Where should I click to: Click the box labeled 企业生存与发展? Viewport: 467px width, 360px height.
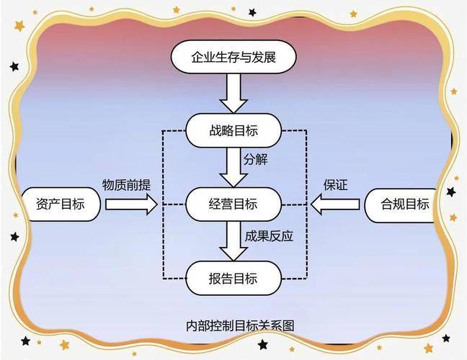click(x=233, y=57)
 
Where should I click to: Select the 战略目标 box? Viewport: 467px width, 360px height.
click(x=233, y=130)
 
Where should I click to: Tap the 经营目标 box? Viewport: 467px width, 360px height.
click(x=233, y=204)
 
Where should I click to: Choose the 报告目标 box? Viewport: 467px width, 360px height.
click(x=233, y=278)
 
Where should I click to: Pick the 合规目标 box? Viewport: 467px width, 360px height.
click(x=401, y=205)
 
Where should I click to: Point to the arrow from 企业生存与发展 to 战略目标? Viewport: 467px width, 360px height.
click(x=233, y=93)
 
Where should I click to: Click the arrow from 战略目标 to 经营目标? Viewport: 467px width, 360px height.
click(x=233, y=167)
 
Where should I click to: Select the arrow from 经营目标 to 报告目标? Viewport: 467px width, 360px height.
click(x=233, y=241)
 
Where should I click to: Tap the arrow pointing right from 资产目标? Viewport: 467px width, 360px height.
click(x=131, y=204)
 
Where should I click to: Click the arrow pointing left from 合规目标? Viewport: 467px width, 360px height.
click(x=335, y=204)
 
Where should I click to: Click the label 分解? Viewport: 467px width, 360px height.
click(x=256, y=159)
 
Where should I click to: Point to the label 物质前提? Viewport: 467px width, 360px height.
click(x=127, y=185)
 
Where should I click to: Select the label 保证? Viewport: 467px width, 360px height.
click(x=336, y=185)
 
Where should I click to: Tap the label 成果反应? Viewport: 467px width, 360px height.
click(x=269, y=236)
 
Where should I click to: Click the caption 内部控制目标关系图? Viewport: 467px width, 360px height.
click(x=240, y=325)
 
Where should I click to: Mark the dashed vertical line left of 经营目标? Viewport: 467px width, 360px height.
click(x=163, y=204)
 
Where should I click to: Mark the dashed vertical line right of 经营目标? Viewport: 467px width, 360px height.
click(x=306, y=204)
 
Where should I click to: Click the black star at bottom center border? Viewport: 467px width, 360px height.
click(x=262, y=345)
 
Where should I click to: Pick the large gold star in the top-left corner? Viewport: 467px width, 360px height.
click(x=19, y=26)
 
